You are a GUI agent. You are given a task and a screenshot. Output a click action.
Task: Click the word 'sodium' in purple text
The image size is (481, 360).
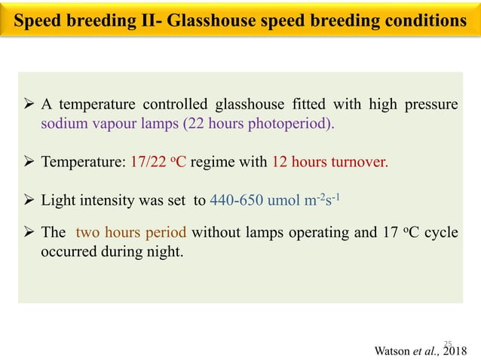tap(63, 124)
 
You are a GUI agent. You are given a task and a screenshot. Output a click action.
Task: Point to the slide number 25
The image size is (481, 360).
tap(447, 340)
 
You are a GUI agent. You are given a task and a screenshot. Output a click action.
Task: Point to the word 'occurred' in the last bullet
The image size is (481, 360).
tap(66, 251)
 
